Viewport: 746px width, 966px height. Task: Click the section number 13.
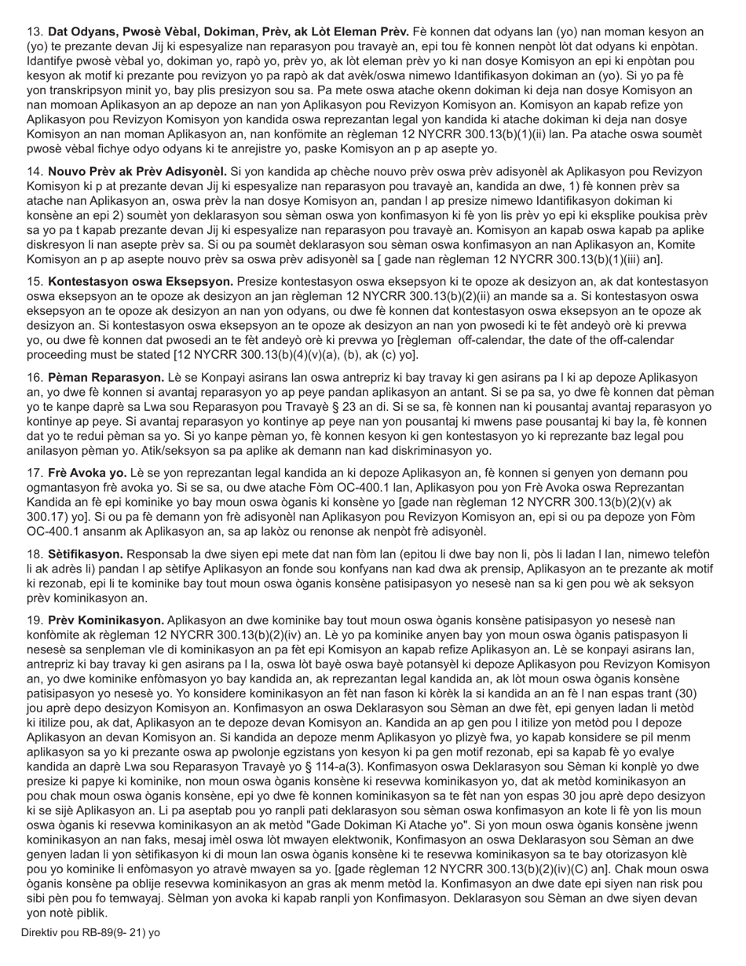35,32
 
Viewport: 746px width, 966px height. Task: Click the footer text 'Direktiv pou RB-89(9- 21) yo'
90,933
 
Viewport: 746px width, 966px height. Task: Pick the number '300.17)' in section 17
48,517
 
